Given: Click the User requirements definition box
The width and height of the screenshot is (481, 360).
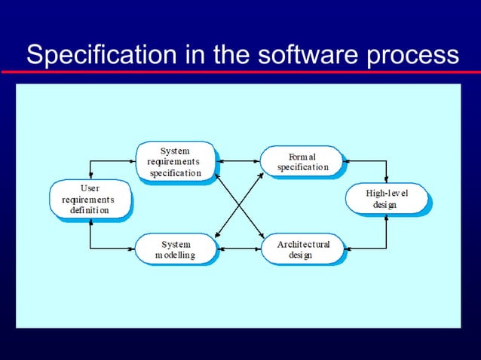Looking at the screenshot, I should [x=89, y=200].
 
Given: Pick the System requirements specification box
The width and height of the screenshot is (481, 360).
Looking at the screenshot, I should [x=174, y=162].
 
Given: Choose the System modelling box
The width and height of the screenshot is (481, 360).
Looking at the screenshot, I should [x=175, y=249].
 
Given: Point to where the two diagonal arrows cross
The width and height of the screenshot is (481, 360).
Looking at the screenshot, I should [x=240, y=206].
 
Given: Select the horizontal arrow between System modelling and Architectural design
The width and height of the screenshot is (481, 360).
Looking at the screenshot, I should [x=239, y=248].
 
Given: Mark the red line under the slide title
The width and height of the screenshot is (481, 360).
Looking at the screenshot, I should [x=240, y=72].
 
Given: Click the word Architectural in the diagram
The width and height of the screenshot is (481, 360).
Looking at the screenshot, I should [x=303, y=245].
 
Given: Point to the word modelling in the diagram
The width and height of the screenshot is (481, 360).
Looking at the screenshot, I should [x=175, y=255].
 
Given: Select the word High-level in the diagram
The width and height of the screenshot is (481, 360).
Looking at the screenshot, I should [x=386, y=194].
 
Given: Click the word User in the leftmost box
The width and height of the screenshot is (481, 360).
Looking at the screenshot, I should [x=88, y=188].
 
